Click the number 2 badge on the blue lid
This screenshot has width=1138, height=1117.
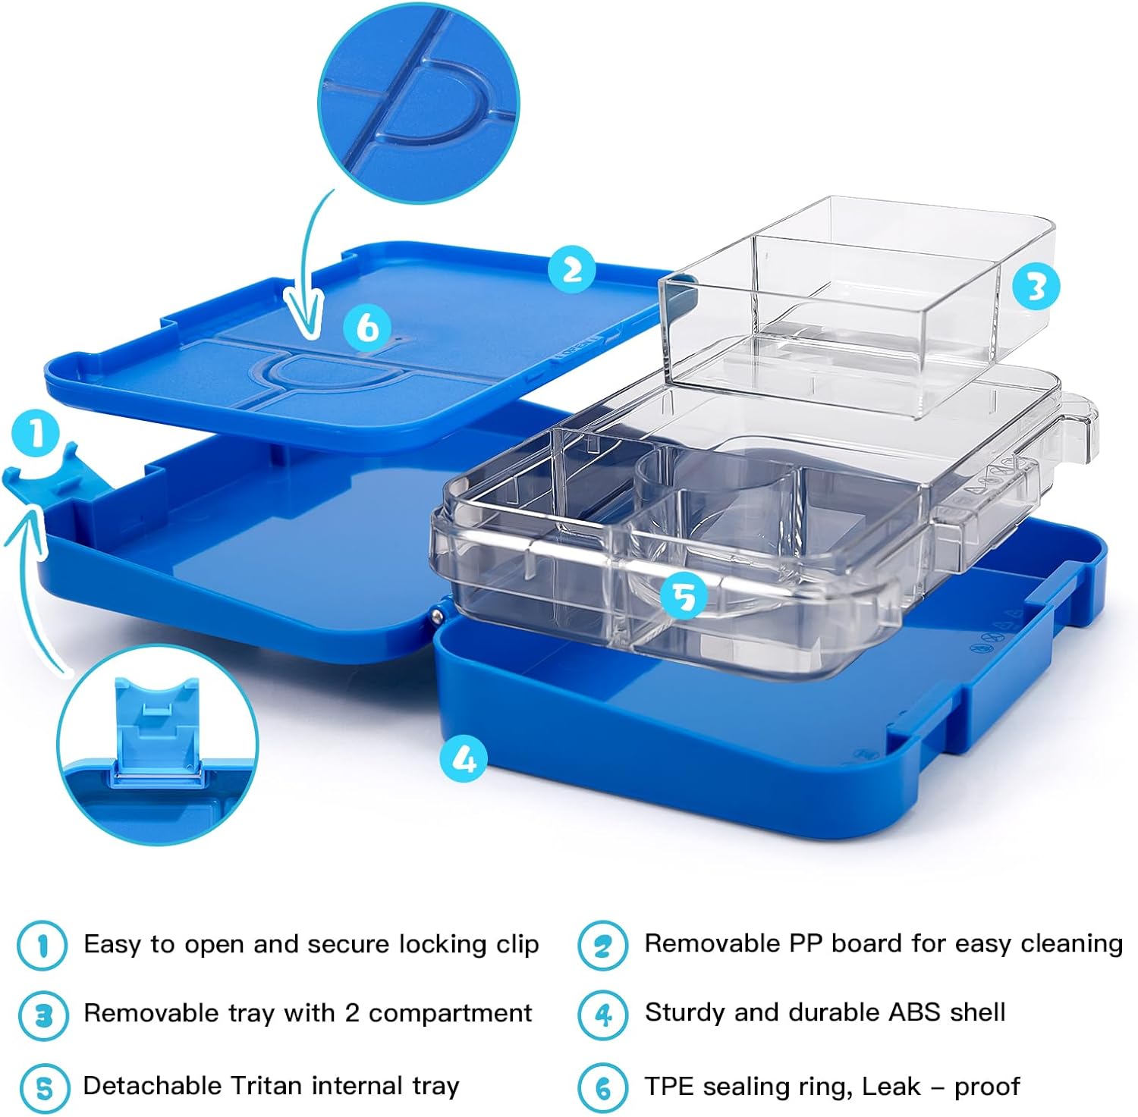573,268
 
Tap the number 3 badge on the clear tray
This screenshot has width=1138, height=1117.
1036,287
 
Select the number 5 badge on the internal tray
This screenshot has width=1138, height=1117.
684,596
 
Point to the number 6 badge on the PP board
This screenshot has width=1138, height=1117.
367,328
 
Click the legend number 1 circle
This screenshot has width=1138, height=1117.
42,945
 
